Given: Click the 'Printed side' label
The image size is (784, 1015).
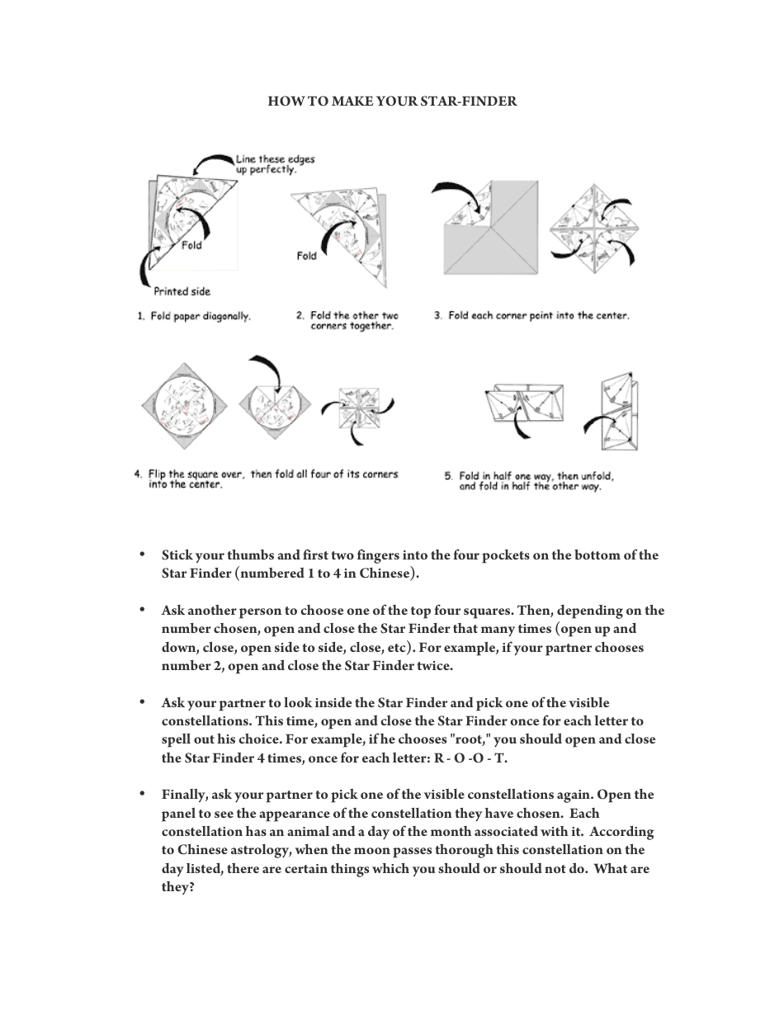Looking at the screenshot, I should click(182, 291).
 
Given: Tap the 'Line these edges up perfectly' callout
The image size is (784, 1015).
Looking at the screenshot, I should click(275, 164).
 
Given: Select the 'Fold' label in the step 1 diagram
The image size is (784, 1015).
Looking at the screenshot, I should click(191, 245).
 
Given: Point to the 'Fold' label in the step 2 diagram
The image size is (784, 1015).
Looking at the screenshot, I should click(306, 256).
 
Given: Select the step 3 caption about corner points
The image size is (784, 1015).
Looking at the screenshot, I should click(531, 316).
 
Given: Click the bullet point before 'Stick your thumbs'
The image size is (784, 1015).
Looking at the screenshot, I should click(143, 555).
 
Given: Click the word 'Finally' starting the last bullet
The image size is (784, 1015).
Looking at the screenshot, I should click(185, 795).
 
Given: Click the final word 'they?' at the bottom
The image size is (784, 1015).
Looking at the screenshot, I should click(177, 887).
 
